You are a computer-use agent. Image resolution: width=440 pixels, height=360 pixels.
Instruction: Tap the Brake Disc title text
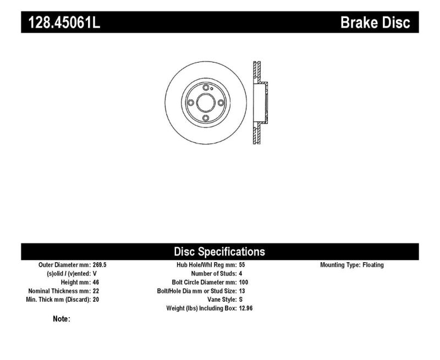(x=375, y=23)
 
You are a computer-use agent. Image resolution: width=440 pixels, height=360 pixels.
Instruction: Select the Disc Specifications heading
(x=219, y=252)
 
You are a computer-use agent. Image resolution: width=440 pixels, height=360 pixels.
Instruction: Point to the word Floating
(x=373, y=265)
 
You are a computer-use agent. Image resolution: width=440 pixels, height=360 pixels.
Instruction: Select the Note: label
(x=62, y=319)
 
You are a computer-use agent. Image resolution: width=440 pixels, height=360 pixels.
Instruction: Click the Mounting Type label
(x=340, y=265)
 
